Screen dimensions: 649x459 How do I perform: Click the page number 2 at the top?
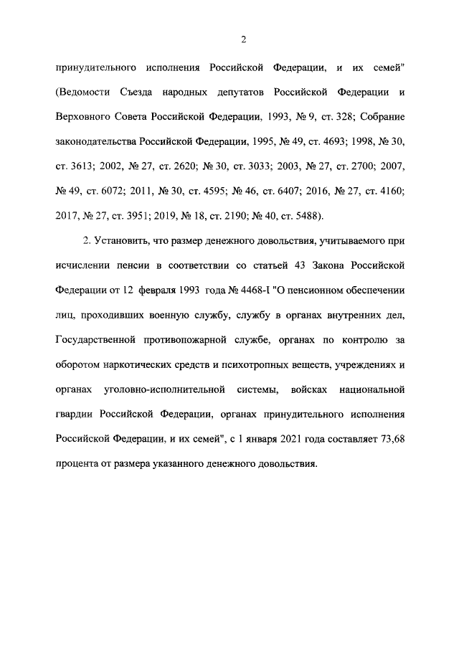tap(243, 39)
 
